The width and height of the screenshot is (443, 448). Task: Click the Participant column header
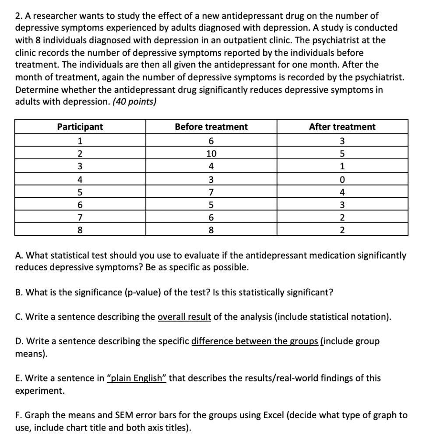click(x=80, y=127)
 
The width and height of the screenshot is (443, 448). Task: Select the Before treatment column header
click(x=211, y=127)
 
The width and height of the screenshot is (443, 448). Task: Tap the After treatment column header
click(x=342, y=127)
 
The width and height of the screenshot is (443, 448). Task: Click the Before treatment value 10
click(x=211, y=154)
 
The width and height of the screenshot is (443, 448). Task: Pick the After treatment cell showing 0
click(x=342, y=179)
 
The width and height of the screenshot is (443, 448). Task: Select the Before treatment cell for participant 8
click(x=211, y=230)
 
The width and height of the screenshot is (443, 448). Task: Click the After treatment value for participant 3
click(x=342, y=166)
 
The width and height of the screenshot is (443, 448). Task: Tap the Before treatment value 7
click(x=211, y=192)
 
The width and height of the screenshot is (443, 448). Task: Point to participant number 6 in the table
click(x=80, y=205)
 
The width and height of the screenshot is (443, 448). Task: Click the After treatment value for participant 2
click(x=342, y=154)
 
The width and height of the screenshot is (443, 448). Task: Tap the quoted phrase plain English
click(x=137, y=378)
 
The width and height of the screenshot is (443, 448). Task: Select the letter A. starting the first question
click(x=19, y=255)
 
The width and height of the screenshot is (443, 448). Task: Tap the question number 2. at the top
click(x=19, y=16)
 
